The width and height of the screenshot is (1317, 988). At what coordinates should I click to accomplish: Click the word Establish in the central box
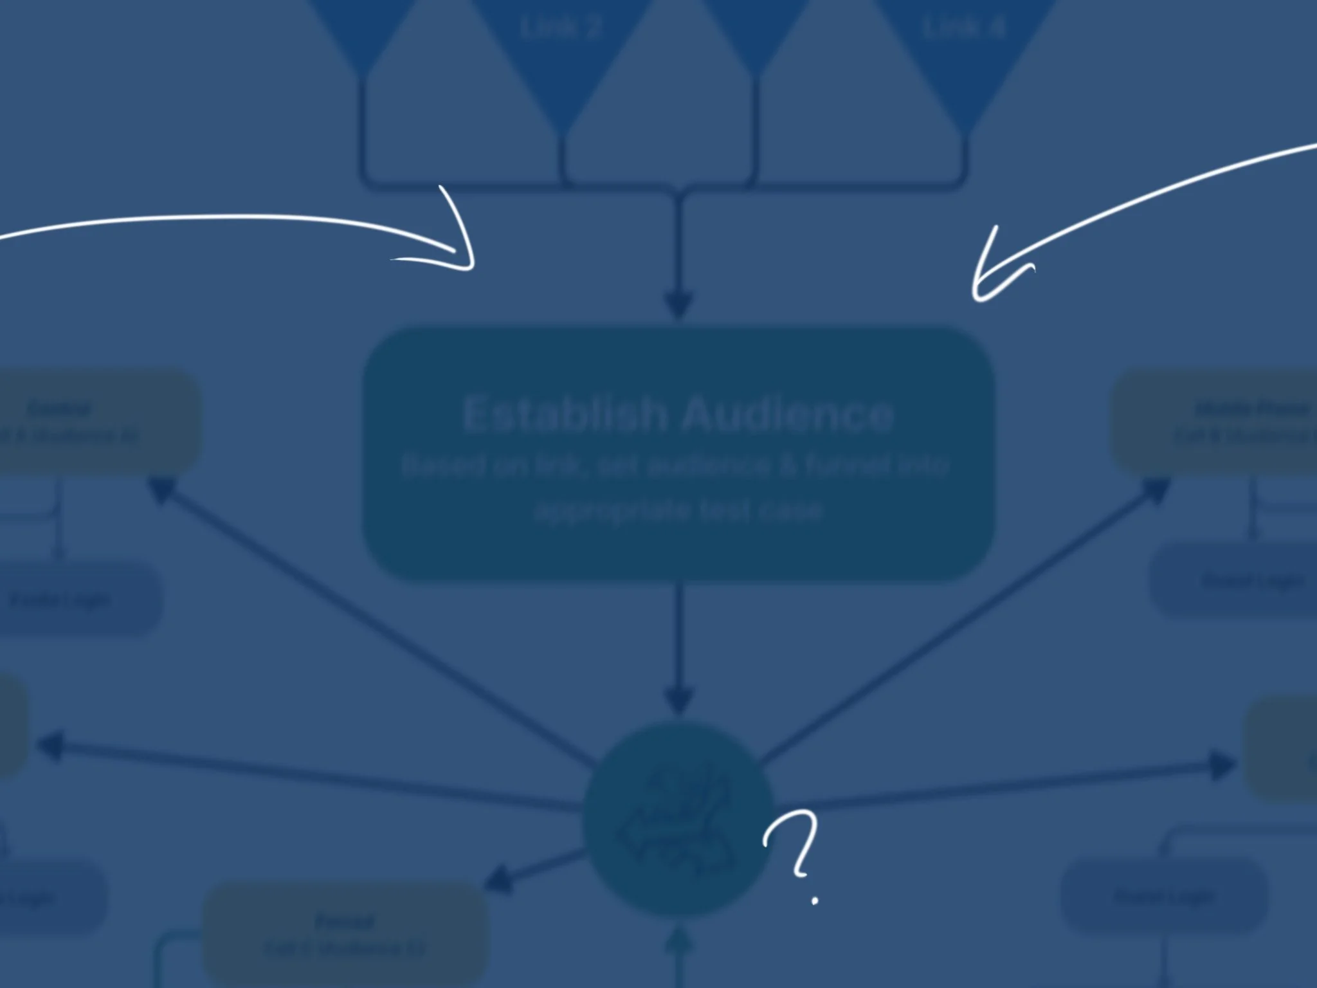tap(564, 414)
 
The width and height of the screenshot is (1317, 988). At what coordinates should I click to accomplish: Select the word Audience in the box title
tap(788, 414)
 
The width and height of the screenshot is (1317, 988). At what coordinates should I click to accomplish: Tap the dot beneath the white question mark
tap(815, 901)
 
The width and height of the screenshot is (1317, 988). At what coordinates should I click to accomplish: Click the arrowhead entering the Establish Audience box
tap(679, 306)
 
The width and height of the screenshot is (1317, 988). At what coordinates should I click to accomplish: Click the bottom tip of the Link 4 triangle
tap(963, 132)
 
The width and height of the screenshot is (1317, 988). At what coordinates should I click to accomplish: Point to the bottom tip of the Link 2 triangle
tap(561, 132)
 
